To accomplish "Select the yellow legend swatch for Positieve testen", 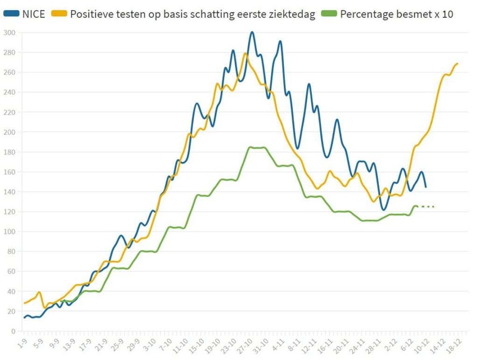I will click(60, 14).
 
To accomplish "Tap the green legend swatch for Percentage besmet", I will click(329, 14).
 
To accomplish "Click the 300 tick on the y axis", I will click(9, 32).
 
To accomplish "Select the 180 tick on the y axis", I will click(9, 152).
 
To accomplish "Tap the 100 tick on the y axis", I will click(9, 232).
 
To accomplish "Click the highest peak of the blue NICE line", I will click(252, 32).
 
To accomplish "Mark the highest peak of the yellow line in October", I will click(245, 54).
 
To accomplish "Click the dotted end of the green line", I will click(433, 207).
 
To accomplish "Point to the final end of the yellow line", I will click(458, 63).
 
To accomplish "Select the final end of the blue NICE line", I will click(425, 187).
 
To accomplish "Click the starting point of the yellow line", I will click(24, 303).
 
